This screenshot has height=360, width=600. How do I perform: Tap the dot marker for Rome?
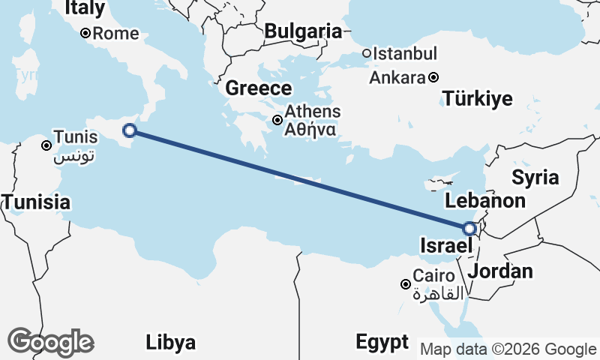85,33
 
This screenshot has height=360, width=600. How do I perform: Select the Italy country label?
84,8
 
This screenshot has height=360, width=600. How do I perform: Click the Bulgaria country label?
303,31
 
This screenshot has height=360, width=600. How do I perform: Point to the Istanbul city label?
405,54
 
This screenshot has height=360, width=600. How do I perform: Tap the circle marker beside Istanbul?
367,53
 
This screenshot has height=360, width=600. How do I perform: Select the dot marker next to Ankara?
433,77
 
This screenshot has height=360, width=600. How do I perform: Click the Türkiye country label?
477,98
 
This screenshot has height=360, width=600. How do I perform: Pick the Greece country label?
259,88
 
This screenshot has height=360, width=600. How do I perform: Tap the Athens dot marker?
277,120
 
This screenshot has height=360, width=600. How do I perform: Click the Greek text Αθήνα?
310,129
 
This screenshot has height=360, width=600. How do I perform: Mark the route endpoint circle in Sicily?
129,130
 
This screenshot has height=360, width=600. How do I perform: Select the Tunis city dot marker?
46,145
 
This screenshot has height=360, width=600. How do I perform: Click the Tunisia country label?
36,202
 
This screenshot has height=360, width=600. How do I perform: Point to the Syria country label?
535,178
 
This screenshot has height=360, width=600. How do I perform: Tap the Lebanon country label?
484,201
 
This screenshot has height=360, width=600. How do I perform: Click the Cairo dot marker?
405,284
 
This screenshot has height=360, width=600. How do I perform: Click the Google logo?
50,342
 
